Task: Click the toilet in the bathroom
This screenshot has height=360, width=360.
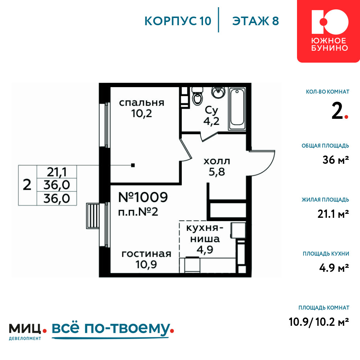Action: coord(197,96)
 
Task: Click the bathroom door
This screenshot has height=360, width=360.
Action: coord(209,136)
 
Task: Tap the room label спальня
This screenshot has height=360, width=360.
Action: coord(141,103)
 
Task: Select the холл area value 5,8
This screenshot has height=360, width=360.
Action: coord(216,172)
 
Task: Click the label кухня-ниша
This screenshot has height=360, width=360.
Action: coord(204,234)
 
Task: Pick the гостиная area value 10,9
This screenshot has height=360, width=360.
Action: coord(146,265)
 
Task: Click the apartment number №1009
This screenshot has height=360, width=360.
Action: coord(143,197)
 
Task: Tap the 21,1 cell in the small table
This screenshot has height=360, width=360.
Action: coord(57,172)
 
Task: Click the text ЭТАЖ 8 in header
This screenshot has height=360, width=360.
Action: coord(256,21)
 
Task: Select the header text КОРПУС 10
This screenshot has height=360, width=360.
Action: coord(178,21)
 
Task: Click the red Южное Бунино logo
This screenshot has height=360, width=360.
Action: coord(329,31)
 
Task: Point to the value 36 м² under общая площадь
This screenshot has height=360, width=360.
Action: coord(336,160)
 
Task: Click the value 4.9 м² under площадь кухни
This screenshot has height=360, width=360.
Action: coord(334,268)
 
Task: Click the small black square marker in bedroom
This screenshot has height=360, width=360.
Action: coord(133,165)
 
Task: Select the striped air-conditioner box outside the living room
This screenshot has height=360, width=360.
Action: coord(93,216)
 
